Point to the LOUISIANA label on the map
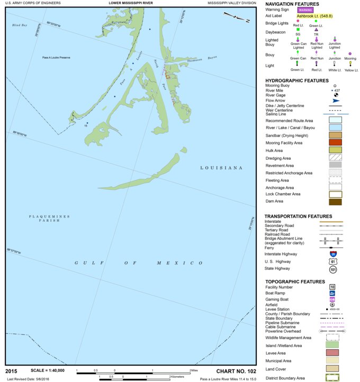click(221, 168)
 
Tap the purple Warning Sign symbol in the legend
click(305, 10)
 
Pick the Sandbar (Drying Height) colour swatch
click(335, 135)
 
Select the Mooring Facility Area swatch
click(335, 142)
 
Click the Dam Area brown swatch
click(335, 202)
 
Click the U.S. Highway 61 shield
click(332, 261)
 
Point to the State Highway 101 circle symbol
click(332, 269)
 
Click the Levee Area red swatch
click(332, 353)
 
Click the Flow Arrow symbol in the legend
click(335, 100)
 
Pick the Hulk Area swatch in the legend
click(335, 150)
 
